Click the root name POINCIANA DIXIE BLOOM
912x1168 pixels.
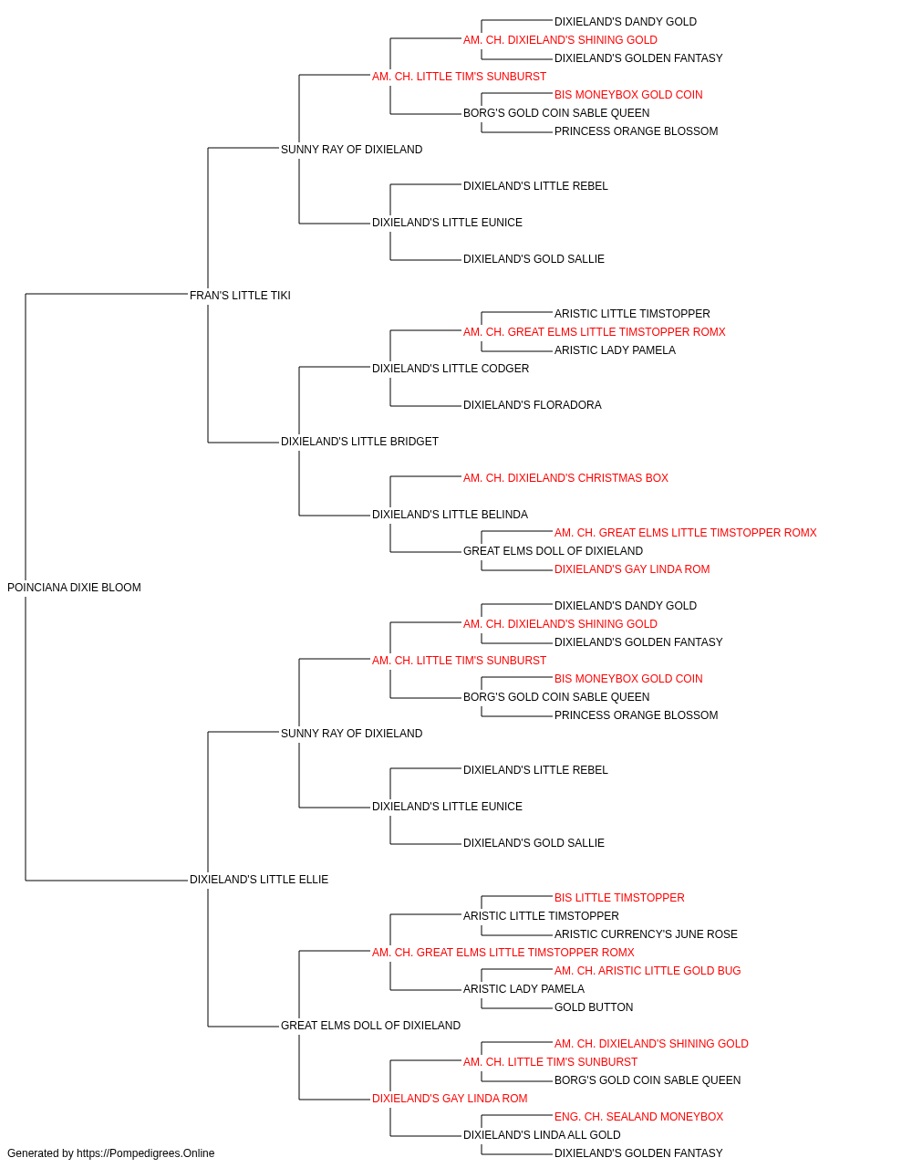(x=74, y=588)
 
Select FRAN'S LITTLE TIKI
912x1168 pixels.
(x=240, y=295)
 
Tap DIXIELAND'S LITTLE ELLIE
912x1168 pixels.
(x=259, y=880)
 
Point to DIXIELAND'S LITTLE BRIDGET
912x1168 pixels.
(x=359, y=442)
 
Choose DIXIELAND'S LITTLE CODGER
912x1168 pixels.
(x=451, y=368)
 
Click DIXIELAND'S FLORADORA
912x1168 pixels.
(x=533, y=405)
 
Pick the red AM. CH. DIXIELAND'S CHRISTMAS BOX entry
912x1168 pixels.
(x=565, y=478)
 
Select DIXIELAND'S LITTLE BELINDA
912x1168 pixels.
(x=450, y=515)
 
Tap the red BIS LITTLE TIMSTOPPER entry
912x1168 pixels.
(x=619, y=898)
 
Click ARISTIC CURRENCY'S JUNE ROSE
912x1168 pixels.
(x=646, y=934)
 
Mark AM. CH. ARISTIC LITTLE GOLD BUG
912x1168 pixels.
(x=648, y=971)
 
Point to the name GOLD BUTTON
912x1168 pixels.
(x=594, y=1007)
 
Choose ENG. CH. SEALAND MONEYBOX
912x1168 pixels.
(x=638, y=1117)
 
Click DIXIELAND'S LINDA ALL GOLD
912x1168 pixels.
(x=542, y=1135)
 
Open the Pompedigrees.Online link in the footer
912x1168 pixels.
(x=145, y=1153)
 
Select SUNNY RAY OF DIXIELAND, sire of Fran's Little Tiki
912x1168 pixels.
(x=351, y=150)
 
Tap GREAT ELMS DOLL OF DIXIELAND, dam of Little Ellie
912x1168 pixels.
(x=370, y=1026)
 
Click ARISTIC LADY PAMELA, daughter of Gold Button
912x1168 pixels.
(x=523, y=989)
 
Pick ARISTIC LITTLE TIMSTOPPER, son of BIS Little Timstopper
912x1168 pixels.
(x=541, y=916)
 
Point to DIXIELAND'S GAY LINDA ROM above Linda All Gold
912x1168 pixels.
(x=450, y=1099)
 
